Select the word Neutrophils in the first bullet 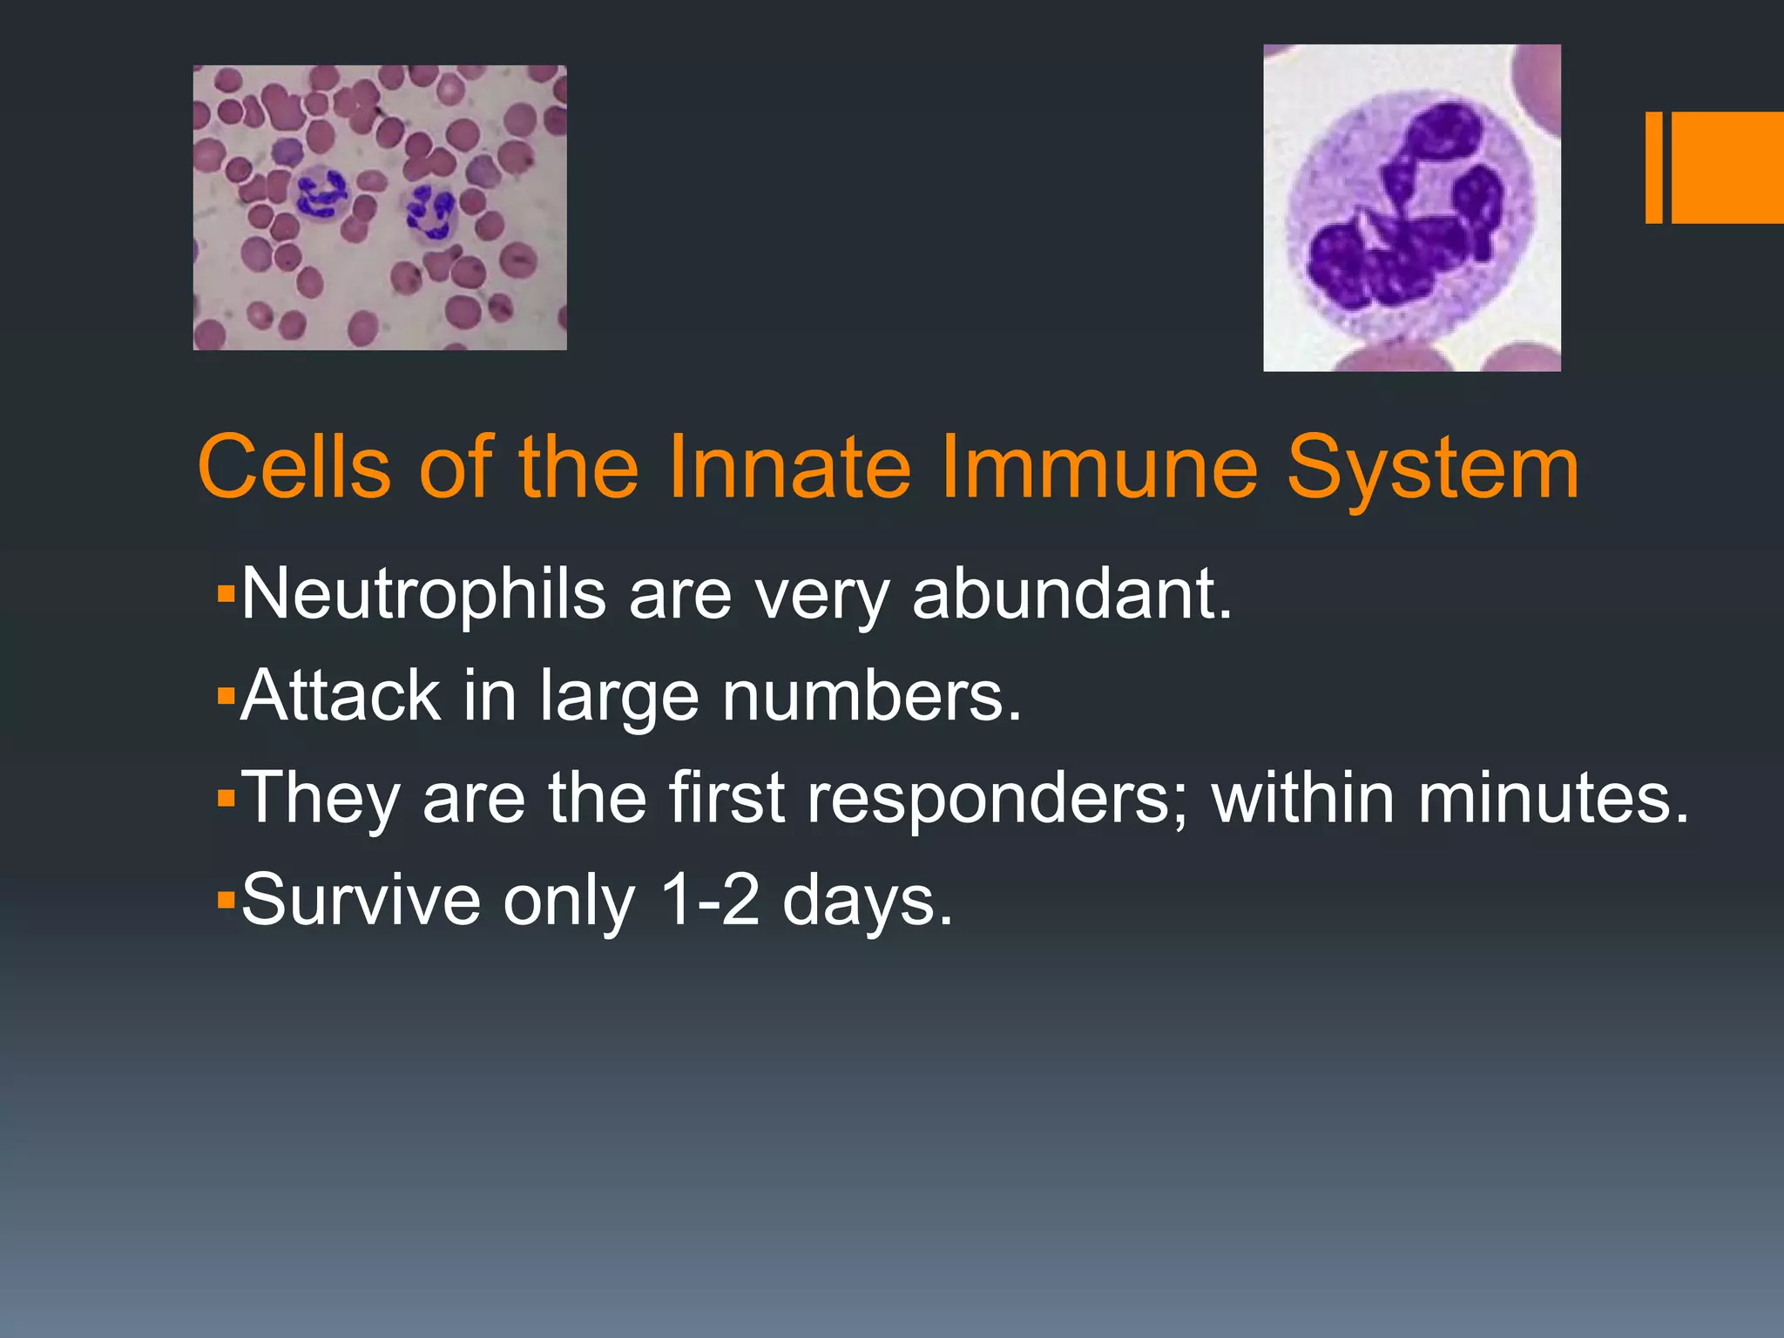coord(423,595)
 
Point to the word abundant coord(1071,595)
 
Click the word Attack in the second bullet coord(340,697)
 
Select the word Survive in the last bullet coord(360,901)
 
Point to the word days coord(867,902)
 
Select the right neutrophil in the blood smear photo coord(429,212)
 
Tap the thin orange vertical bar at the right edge coord(1653,167)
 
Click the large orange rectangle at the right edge coord(1727,167)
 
